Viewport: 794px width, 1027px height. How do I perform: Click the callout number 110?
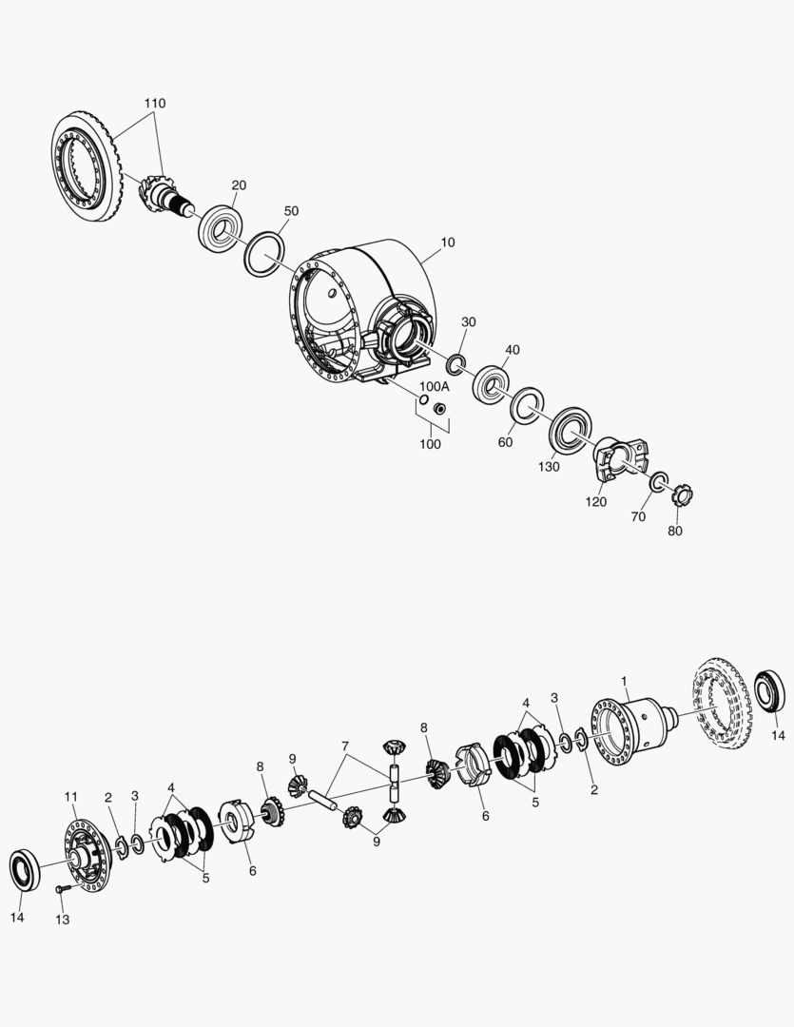[x=154, y=102]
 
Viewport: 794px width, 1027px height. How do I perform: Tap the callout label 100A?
[x=434, y=386]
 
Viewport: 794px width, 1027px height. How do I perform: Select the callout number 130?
[x=549, y=466]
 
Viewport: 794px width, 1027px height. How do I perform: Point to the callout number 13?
[x=63, y=920]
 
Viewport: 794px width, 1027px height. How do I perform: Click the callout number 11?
[x=70, y=796]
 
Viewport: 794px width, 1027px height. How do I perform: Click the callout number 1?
[x=624, y=682]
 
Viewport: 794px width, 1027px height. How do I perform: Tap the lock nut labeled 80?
[x=683, y=495]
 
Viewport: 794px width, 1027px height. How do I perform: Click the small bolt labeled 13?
[x=63, y=888]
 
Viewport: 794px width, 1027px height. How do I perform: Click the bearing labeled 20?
[x=220, y=228]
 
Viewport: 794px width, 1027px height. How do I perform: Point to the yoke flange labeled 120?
[x=614, y=462]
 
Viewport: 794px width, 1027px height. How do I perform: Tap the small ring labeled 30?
[x=455, y=361]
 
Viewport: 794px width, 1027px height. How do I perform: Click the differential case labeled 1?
[x=632, y=728]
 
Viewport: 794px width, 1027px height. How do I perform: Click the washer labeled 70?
[x=658, y=482]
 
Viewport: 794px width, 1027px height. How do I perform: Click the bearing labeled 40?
[x=492, y=384]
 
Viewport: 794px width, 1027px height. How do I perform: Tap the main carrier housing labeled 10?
[x=361, y=309]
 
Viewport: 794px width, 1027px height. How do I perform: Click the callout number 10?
[x=447, y=242]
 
